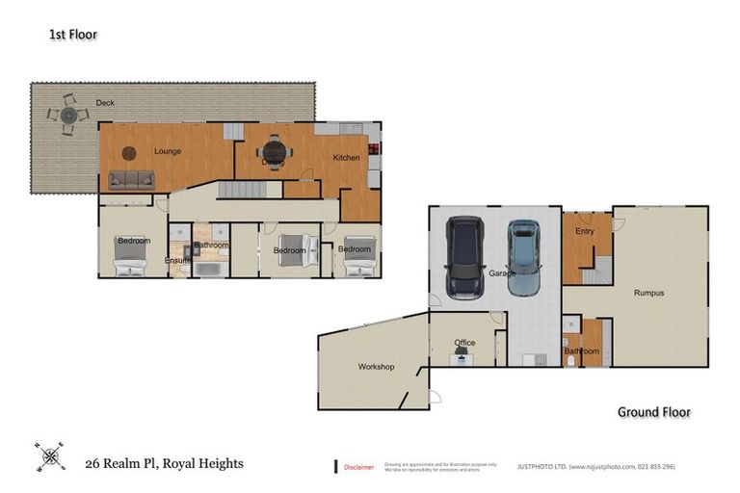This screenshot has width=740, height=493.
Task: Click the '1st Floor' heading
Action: click(73, 35)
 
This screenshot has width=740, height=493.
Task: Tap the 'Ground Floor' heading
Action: click(653, 412)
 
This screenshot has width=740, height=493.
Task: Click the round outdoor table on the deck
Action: click(68, 116)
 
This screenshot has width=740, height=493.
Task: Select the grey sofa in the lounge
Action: click(131, 179)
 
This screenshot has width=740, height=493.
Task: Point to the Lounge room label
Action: click(167, 151)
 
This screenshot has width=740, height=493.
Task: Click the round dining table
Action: click(275, 151)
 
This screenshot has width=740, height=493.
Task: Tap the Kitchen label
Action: click(346, 158)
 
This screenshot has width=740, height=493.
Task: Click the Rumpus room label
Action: click(648, 293)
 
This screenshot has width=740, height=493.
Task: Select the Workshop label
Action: click(377, 367)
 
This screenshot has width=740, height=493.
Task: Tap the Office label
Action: click(464, 343)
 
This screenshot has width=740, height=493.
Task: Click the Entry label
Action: click(585, 231)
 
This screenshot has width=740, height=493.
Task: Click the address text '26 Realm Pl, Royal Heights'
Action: click(164, 464)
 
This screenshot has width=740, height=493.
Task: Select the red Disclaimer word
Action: click(358, 467)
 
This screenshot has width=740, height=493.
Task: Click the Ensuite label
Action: click(177, 260)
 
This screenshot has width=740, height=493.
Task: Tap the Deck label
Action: click(105, 102)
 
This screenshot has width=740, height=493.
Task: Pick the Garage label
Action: click(501, 273)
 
